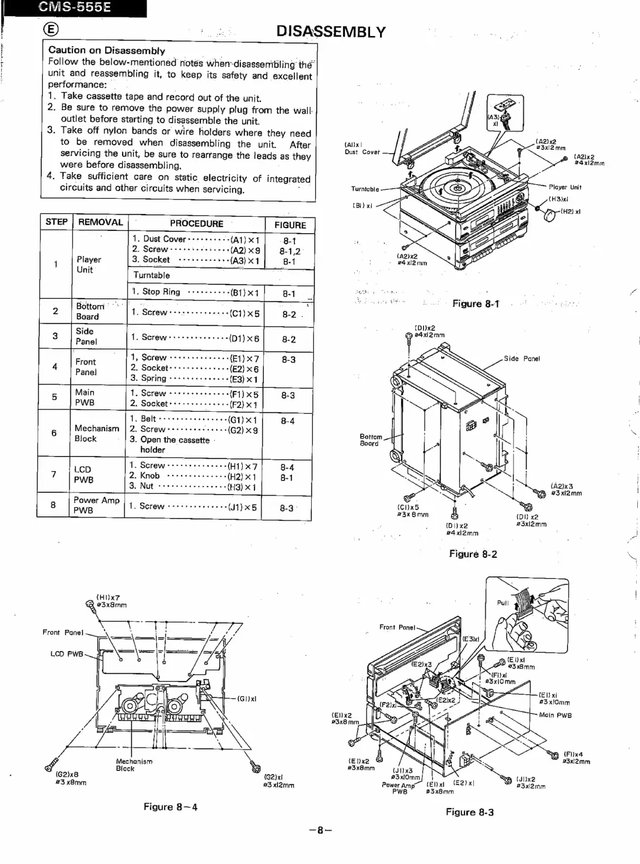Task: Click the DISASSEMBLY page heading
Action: pos(331,32)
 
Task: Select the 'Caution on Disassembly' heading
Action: pos(107,51)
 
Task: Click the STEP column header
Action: pos(56,222)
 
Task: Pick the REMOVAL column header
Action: pos(101,222)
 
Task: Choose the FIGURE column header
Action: pos(289,224)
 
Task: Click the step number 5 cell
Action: pos(55,397)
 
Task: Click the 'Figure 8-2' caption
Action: pos(473,554)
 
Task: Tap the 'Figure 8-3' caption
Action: pos(469,812)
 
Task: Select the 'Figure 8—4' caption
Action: pos(170,807)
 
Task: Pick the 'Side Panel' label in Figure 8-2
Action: pos(522,358)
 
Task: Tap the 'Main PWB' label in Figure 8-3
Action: pos(555,715)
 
